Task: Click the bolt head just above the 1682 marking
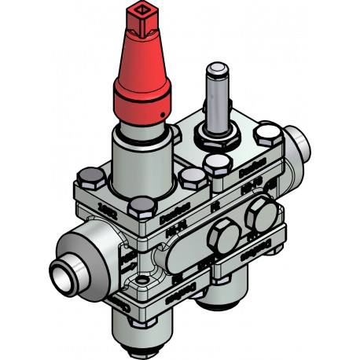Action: (x=141, y=206)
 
